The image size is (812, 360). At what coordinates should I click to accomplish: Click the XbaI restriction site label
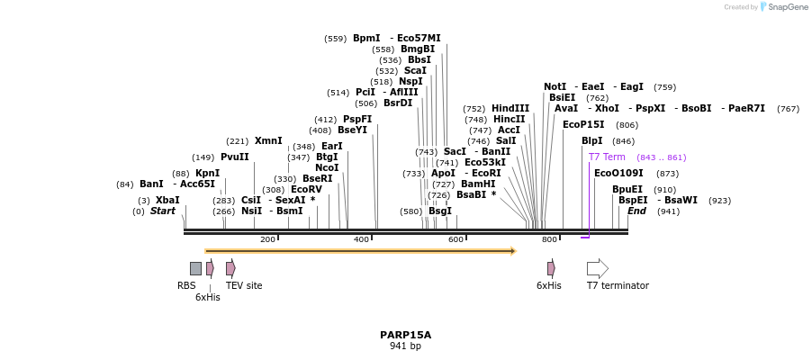pos(167,200)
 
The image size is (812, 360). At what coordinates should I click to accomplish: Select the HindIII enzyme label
pos(510,108)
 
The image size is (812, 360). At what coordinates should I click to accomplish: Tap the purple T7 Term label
pos(606,157)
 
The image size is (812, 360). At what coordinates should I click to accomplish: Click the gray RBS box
pos(195,268)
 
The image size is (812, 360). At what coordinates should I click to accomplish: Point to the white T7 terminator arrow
pos(597,268)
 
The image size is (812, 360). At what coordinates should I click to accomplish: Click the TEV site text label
pos(244,285)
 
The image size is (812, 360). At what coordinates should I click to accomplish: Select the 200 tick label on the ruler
pos(267,239)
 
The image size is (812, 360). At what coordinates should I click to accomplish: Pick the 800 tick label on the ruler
pos(548,239)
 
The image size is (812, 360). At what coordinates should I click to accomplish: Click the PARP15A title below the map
pos(405,335)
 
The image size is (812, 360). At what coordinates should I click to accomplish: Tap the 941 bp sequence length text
pos(405,346)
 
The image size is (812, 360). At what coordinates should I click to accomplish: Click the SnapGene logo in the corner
pos(783,7)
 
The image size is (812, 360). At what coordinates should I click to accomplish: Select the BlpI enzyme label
pos(591,141)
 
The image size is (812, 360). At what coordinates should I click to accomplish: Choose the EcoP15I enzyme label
pos(583,124)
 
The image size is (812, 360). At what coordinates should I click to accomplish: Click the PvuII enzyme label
pos(234,157)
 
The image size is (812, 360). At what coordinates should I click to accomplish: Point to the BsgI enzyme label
pos(439,211)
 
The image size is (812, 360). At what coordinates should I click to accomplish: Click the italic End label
pos(636,211)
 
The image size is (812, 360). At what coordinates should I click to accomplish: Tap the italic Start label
pos(162,211)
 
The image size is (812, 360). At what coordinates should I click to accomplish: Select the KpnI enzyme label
pos(207,173)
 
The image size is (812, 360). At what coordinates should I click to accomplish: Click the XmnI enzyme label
pos(268,140)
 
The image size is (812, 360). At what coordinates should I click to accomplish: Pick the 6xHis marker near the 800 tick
pos(551,268)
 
